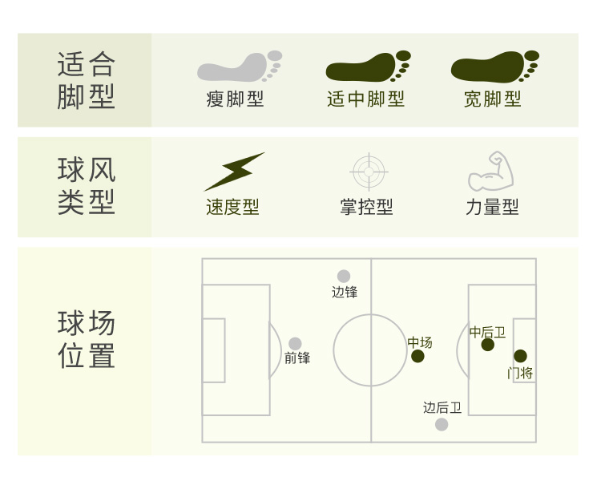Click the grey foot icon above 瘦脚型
pos(238,67)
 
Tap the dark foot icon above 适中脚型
pos(366,67)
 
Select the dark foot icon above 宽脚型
pos(493,67)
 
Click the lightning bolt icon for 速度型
pos(233,171)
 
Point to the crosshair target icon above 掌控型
pos(369,171)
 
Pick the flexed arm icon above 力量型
pos(490,171)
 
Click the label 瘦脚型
pos(235,99)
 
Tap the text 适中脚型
pos(366,99)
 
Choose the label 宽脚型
pos(493,99)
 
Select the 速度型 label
pos(232,207)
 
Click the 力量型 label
pos(492,207)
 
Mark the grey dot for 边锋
pos(344,277)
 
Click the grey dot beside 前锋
pos(295,344)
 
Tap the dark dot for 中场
pos(417,356)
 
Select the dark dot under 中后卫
pos(488,345)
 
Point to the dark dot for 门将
pos(520,356)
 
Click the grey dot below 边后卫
pos(442,424)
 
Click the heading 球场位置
pos(87,340)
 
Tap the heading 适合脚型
pos(87,80)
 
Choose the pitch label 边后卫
pos(442,408)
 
